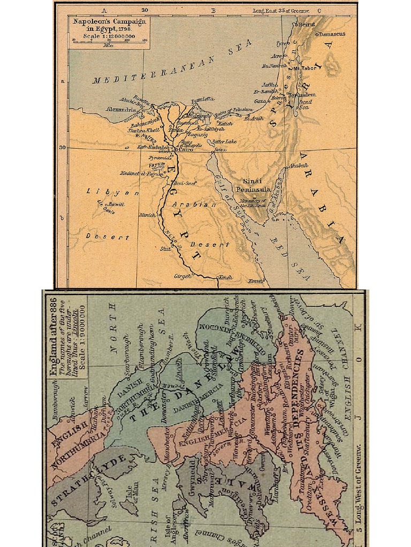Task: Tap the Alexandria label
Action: [121, 110]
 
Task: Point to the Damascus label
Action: [332, 34]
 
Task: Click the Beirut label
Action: [307, 25]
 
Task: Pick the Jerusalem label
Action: [303, 95]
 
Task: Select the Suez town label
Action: [220, 150]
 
